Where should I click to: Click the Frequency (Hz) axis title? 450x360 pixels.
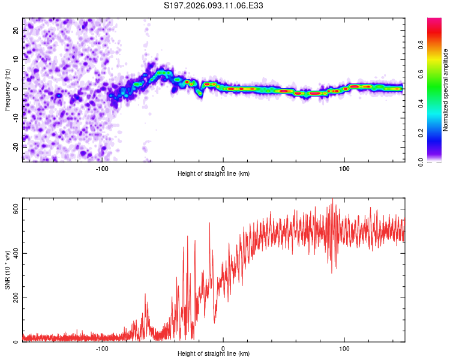7,89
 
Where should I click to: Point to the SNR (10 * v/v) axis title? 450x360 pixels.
7,273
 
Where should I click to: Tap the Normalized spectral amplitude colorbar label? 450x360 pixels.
445,90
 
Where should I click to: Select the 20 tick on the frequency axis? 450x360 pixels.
17,31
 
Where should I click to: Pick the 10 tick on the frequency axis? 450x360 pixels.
17,60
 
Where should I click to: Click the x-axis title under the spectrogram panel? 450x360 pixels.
214,173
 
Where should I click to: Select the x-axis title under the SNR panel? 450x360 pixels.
214,355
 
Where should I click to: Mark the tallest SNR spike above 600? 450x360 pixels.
332,200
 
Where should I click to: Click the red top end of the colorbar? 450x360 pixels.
434,21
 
